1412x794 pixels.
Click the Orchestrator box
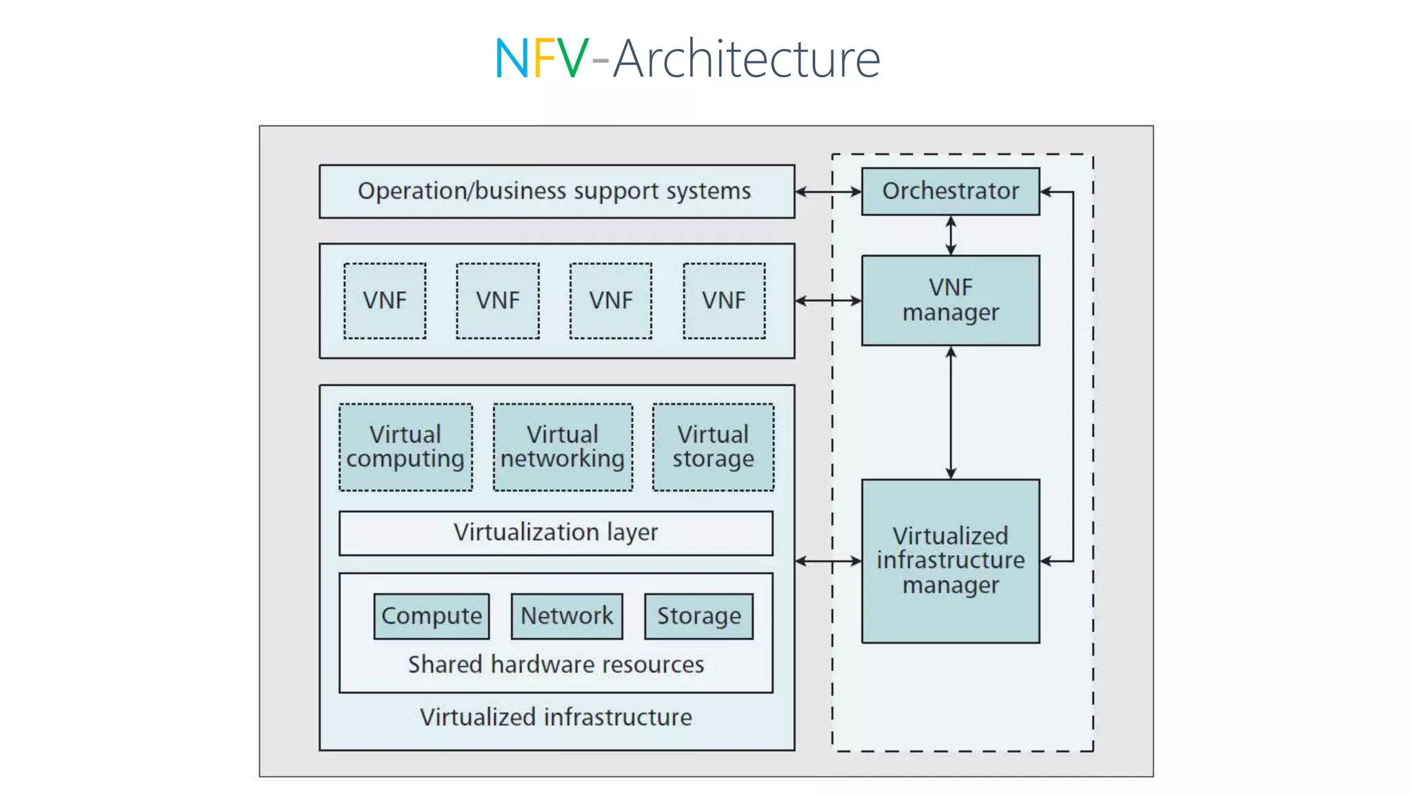click(950, 191)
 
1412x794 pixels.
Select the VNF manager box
click(950, 300)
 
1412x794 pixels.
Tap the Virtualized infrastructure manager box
click(950, 560)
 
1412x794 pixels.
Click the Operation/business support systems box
click(556, 191)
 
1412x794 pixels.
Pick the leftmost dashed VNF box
click(385, 301)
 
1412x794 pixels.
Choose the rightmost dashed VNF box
click(724, 301)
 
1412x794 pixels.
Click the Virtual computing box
click(405, 447)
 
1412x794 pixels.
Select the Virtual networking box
click(563, 447)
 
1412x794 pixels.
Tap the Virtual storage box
click(713, 447)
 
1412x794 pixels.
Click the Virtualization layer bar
click(556, 533)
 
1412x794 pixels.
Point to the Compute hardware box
click(432, 616)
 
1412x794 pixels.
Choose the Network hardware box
click(567, 616)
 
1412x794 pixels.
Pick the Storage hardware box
click(698, 616)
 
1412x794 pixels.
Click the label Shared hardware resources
click(556, 664)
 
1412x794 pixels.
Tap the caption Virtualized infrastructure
click(556, 717)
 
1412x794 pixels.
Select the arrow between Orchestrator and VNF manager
click(951, 235)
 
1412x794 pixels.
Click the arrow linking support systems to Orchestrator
click(828, 192)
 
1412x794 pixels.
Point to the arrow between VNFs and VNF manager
click(828, 301)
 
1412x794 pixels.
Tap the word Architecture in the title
click(746, 59)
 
